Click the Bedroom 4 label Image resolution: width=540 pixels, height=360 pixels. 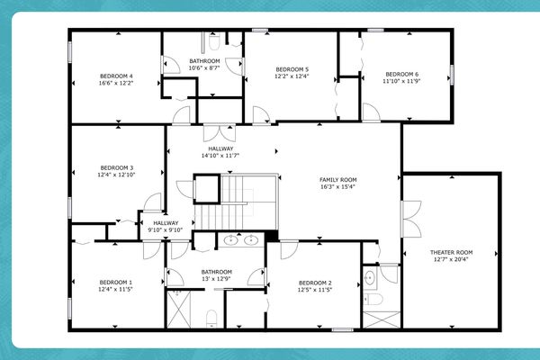click(118, 76)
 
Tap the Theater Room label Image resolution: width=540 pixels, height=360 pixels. click(451, 253)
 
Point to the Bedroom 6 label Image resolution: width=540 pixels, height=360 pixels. click(401, 74)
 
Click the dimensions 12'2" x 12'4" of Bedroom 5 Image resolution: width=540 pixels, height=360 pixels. click(292, 76)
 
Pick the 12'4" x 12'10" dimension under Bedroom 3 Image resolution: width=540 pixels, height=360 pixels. click(117, 175)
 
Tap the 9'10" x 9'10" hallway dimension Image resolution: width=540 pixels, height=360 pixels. click(166, 229)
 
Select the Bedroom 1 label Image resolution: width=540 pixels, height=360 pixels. click(117, 283)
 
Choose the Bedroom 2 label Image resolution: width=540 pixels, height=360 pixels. click(315, 283)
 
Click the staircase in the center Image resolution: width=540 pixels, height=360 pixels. click(238, 200)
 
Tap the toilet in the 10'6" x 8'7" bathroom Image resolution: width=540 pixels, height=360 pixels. click(213, 41)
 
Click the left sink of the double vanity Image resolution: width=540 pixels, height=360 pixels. click(231, 240)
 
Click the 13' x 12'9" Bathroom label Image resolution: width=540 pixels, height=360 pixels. click(216, 272)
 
